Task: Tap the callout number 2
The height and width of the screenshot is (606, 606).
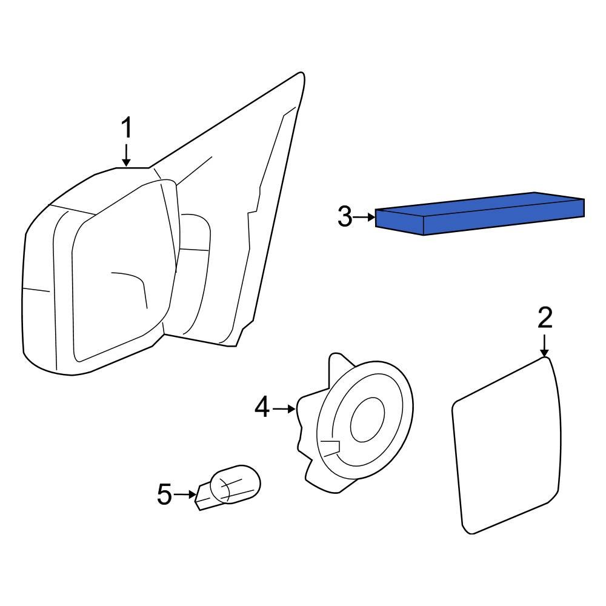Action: click(545, 318)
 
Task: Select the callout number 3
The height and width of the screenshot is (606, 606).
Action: click(345, 216)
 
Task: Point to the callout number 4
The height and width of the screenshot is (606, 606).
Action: click(262, 407)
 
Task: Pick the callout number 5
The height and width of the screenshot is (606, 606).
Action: click(164, 494)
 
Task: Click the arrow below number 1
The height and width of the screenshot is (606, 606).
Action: click(127, 155)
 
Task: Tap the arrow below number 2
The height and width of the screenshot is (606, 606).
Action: click(544, 345)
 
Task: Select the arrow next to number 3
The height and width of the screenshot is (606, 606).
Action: click(364, 217)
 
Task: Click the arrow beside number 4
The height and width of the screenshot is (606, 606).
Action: click(284, 408)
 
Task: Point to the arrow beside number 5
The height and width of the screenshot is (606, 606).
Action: click(185, 494)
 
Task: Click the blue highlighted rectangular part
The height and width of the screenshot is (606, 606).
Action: click(480, 213)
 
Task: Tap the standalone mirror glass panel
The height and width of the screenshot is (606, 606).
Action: click(506, 445)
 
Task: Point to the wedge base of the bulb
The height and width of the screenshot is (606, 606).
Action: click(204, 497)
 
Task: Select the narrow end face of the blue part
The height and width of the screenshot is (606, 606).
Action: click(399, 222)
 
